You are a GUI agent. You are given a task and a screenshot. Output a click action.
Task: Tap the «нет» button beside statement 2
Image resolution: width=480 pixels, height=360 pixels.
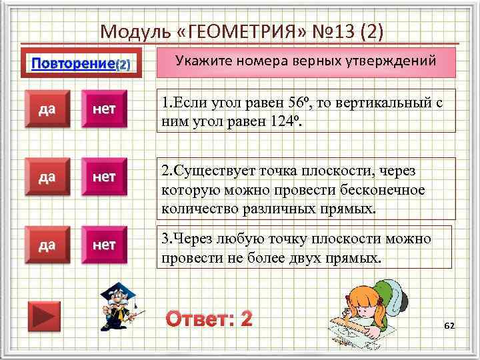[x=104, y=177]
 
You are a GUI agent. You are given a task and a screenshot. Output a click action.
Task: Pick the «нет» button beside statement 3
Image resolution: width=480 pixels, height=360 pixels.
[x=104, y=245]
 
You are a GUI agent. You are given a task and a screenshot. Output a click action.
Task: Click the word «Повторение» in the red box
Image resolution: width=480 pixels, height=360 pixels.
[x=73, y=65]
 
